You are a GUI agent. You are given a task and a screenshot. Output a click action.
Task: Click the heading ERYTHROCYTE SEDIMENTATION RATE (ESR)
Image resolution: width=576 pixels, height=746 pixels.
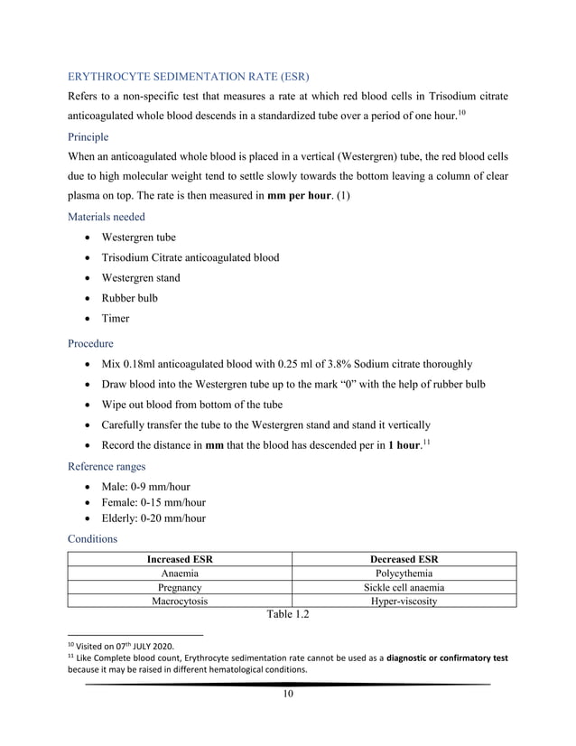(189, 73)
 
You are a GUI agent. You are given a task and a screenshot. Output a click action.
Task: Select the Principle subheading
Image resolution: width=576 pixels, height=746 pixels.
(88, 137)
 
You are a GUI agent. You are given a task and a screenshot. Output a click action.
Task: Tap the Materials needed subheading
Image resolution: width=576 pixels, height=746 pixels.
(106, 216)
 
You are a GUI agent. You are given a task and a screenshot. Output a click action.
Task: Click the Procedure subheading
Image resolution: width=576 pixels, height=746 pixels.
(91, 343)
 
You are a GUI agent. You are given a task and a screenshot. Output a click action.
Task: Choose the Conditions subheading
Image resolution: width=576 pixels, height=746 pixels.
(93, 539)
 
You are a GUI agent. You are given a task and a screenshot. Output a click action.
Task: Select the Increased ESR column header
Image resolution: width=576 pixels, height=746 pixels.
(181, 559)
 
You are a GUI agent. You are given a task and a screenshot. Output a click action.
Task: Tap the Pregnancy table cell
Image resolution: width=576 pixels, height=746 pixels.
(181, 587)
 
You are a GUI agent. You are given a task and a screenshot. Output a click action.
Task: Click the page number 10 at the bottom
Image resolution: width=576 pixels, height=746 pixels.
(288, 694)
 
